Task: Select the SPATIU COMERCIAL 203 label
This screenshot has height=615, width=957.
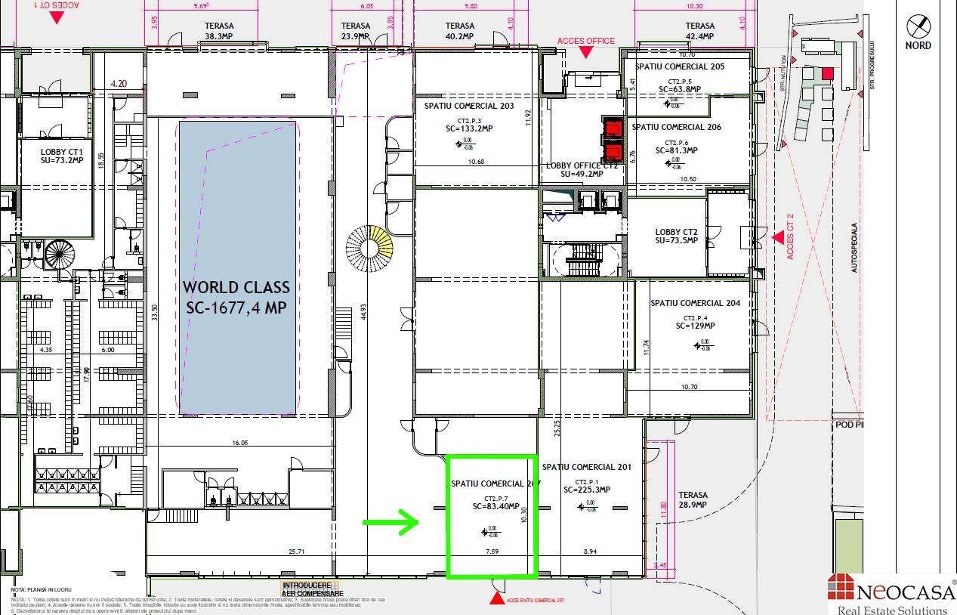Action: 475,106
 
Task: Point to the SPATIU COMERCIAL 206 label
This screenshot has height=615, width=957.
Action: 676,127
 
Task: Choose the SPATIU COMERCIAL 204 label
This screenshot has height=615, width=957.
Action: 695,304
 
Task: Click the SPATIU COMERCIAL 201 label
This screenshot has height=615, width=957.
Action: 586,467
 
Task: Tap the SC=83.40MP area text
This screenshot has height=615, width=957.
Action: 495,506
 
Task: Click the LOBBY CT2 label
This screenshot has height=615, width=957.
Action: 676,232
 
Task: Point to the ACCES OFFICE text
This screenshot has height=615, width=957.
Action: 585,41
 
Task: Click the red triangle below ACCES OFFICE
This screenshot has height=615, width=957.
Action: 585,53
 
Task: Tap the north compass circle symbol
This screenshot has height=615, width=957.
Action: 918,26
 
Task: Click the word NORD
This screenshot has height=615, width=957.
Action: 918,45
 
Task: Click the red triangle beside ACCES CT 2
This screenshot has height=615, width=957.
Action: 777,237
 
